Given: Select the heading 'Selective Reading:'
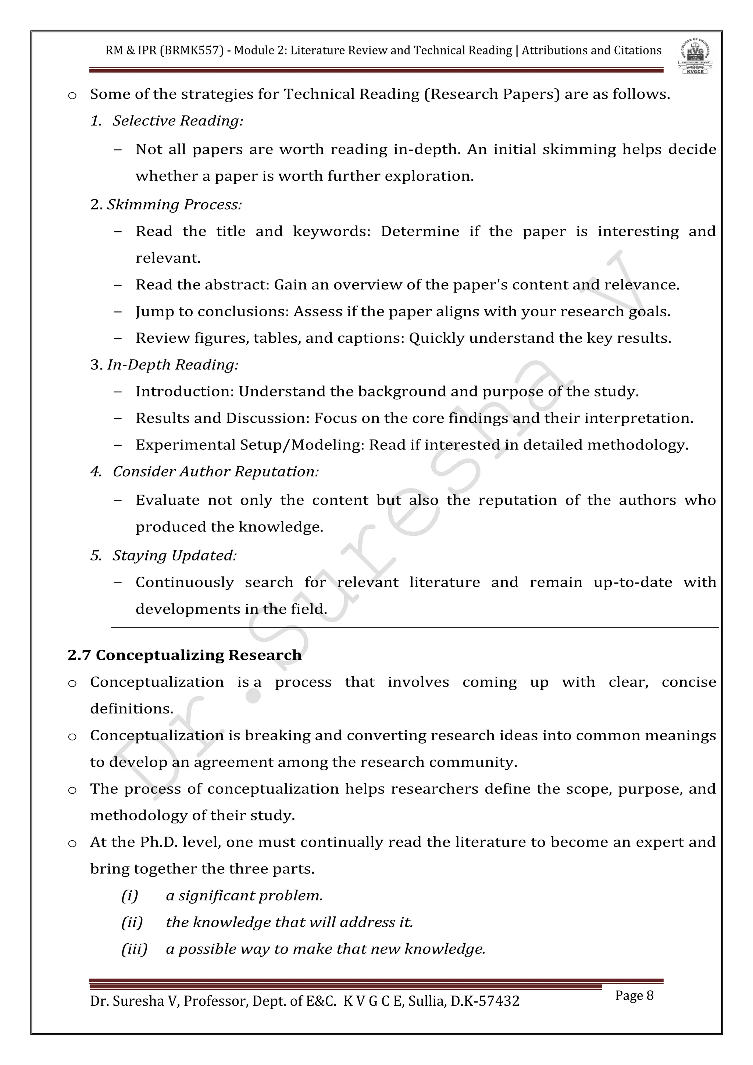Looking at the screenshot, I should (x=178, y=121).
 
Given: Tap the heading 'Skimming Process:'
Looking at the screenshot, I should (x=174, y=204).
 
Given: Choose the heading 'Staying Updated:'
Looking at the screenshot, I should (x=174, y=555).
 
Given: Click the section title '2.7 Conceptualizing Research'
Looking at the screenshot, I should (x=185, y=655).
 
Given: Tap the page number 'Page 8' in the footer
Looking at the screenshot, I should (x=634, y=995).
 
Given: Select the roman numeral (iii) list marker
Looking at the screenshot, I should (x=134, y=949).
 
